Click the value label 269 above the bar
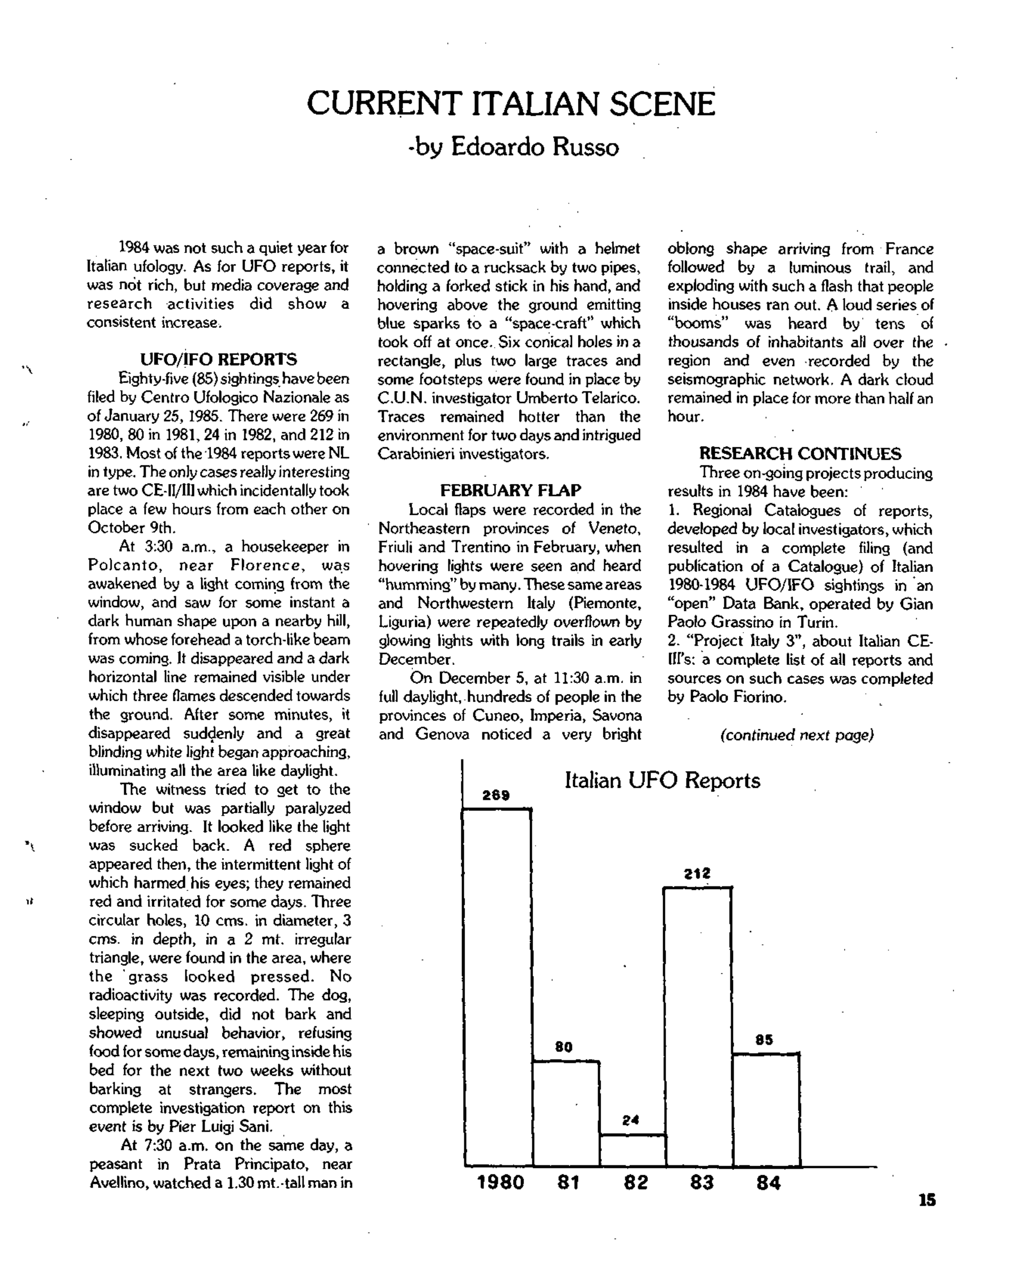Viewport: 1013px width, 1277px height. [x=496, y=795]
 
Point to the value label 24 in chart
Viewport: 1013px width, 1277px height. [x=631, y=1120]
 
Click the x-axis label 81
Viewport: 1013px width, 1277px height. [x=567, y=1183]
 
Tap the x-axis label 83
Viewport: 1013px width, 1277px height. [x=702, y=1183]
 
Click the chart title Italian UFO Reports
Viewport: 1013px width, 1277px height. [x=662, y=780]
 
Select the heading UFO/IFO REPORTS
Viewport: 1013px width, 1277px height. [x=219, y=359]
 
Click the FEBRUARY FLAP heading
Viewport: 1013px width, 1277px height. [x=510, y=490]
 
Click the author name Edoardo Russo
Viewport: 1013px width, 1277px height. [x=535, y=147]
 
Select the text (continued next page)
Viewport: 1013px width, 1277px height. [x=797, y=735]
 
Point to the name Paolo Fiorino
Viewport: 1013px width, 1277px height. [x=738, y=697]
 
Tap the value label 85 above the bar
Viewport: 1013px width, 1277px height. [x=764, y=1040]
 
